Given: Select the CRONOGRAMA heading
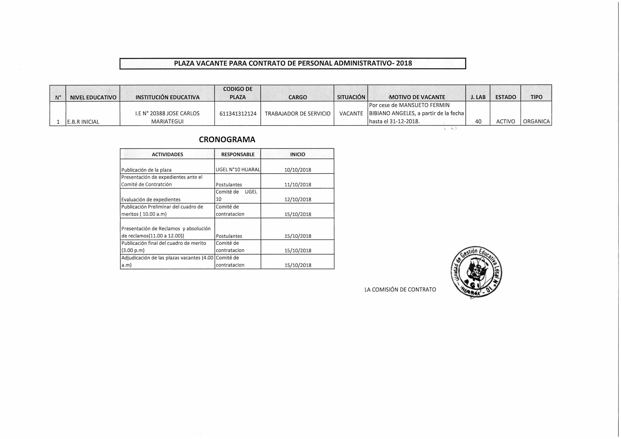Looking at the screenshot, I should coord(227,139).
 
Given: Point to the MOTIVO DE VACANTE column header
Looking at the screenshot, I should coord(417,97).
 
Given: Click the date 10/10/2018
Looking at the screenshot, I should coord(298,170).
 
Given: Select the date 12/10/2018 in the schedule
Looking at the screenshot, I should coord(298,199).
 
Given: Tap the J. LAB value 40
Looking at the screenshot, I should coord(478,121).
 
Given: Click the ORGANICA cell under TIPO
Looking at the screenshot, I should coord(536,121).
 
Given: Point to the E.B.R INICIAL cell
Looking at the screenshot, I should coord(83,122).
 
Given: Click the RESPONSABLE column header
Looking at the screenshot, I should coord(238,155).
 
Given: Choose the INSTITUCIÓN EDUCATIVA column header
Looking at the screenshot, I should coord(167,97).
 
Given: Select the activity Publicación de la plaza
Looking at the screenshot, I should coord(146,170).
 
